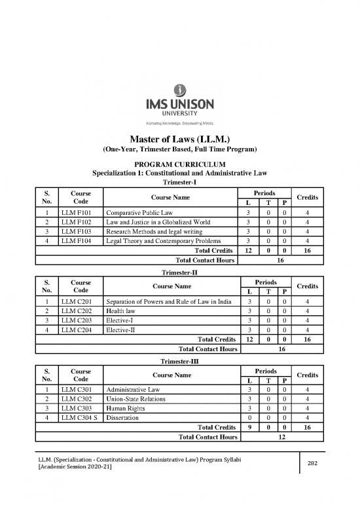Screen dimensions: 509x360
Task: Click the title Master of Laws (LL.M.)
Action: point(179,138)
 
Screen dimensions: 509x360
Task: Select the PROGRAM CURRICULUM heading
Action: point(179,163)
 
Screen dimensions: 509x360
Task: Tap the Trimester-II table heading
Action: point(179,272)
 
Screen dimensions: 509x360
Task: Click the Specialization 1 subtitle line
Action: point(179,173)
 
